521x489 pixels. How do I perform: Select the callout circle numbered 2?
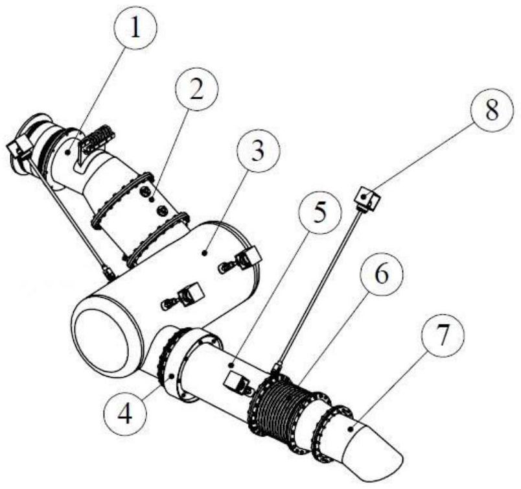click(x=196, y=89)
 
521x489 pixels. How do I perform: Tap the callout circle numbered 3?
click(x=258, y=151)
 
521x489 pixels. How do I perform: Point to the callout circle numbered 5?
click(x=319, y=213)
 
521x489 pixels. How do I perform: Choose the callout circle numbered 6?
click(x=381, y=275)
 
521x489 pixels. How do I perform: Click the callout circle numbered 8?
click(x=492, y=110)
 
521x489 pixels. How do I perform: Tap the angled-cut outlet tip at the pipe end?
click(x=372, y=446)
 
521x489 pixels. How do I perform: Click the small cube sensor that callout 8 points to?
click(x=368, y=199)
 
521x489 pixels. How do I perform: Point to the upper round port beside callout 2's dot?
click(x=145, y=191)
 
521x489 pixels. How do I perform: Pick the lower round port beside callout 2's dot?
click(x=162, y=210)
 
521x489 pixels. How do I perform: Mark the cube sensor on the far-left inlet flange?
click(x=19, y=146)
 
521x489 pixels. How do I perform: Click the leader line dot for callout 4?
click(x=172, y=376)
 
